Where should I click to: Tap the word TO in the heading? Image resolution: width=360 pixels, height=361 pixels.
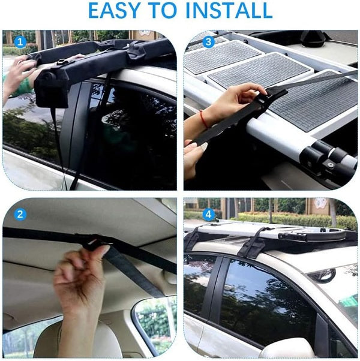[x=163, y=10]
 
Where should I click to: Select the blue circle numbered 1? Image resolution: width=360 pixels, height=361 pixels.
[x=20, y=42]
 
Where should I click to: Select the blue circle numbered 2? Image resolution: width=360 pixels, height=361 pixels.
[x=20, y=214]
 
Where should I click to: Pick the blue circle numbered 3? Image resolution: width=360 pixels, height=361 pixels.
[x=208, y=42]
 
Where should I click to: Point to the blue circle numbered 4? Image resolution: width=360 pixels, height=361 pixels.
[x=208, y=214]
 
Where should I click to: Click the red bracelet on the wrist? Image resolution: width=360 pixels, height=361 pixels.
[x=203, y=119]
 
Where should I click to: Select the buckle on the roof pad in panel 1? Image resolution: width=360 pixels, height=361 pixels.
[x=61, y=62]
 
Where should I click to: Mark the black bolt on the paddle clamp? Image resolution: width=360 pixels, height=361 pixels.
[x=331, y=165]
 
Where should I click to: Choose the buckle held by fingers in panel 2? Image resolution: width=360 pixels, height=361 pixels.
[x=93, y=244]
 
